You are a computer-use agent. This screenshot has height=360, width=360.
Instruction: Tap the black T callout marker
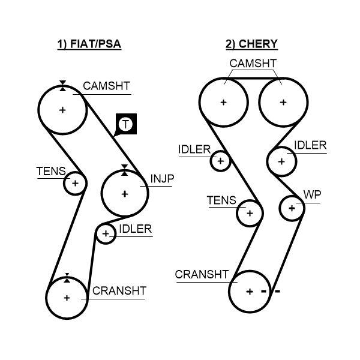(x=125, y=124)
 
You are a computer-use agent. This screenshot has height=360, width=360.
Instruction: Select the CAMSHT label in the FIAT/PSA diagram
(x=106, y=86)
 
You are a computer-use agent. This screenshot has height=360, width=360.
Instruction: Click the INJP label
(x=161, y=179)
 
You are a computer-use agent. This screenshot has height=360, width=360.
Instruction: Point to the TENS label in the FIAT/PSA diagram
(x=51, y=172)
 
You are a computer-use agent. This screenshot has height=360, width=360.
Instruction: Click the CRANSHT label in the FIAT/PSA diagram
(x=119, y=291)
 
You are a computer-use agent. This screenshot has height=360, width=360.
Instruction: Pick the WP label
(x=312, y=195)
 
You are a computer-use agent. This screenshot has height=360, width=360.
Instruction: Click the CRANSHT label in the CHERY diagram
(x=202, y=275)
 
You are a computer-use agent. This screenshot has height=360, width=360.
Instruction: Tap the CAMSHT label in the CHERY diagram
(x=253, y=64)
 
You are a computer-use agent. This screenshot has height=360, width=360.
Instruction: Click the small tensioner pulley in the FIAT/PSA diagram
(x=76, y=183)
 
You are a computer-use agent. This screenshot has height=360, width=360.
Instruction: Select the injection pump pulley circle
(x=125, y=193)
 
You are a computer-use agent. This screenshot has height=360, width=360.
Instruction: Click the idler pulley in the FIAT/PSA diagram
(x=106, y=233)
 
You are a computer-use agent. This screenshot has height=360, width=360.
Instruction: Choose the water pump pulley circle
(x=292, y=208)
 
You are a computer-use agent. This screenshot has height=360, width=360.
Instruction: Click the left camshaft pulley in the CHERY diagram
(x=224, y=102)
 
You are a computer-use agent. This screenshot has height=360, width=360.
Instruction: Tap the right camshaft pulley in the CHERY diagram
(x=283, y=102)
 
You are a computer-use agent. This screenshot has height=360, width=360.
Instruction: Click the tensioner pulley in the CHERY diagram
(x=250, y=213)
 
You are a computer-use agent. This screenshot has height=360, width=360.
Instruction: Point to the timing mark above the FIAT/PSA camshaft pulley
(x=62, y=86)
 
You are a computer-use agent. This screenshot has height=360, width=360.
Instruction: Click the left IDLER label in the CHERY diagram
(x=194, y=149)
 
